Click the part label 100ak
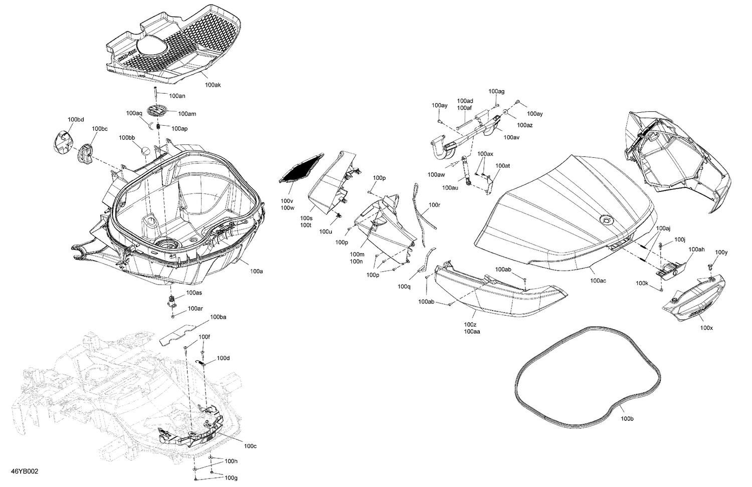click(213, 85)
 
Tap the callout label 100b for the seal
click(627, 418)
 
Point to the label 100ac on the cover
click(598, 281)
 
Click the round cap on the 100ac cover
click(606, 220)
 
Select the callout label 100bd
click(76, 119)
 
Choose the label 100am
click(187, 114)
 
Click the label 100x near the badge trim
click(706, 328)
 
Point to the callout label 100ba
click(218, 317)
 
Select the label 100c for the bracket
click(250, 446)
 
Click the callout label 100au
click(450, 187)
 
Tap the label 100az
click(525, 125)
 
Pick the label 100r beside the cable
click(434, 205)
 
